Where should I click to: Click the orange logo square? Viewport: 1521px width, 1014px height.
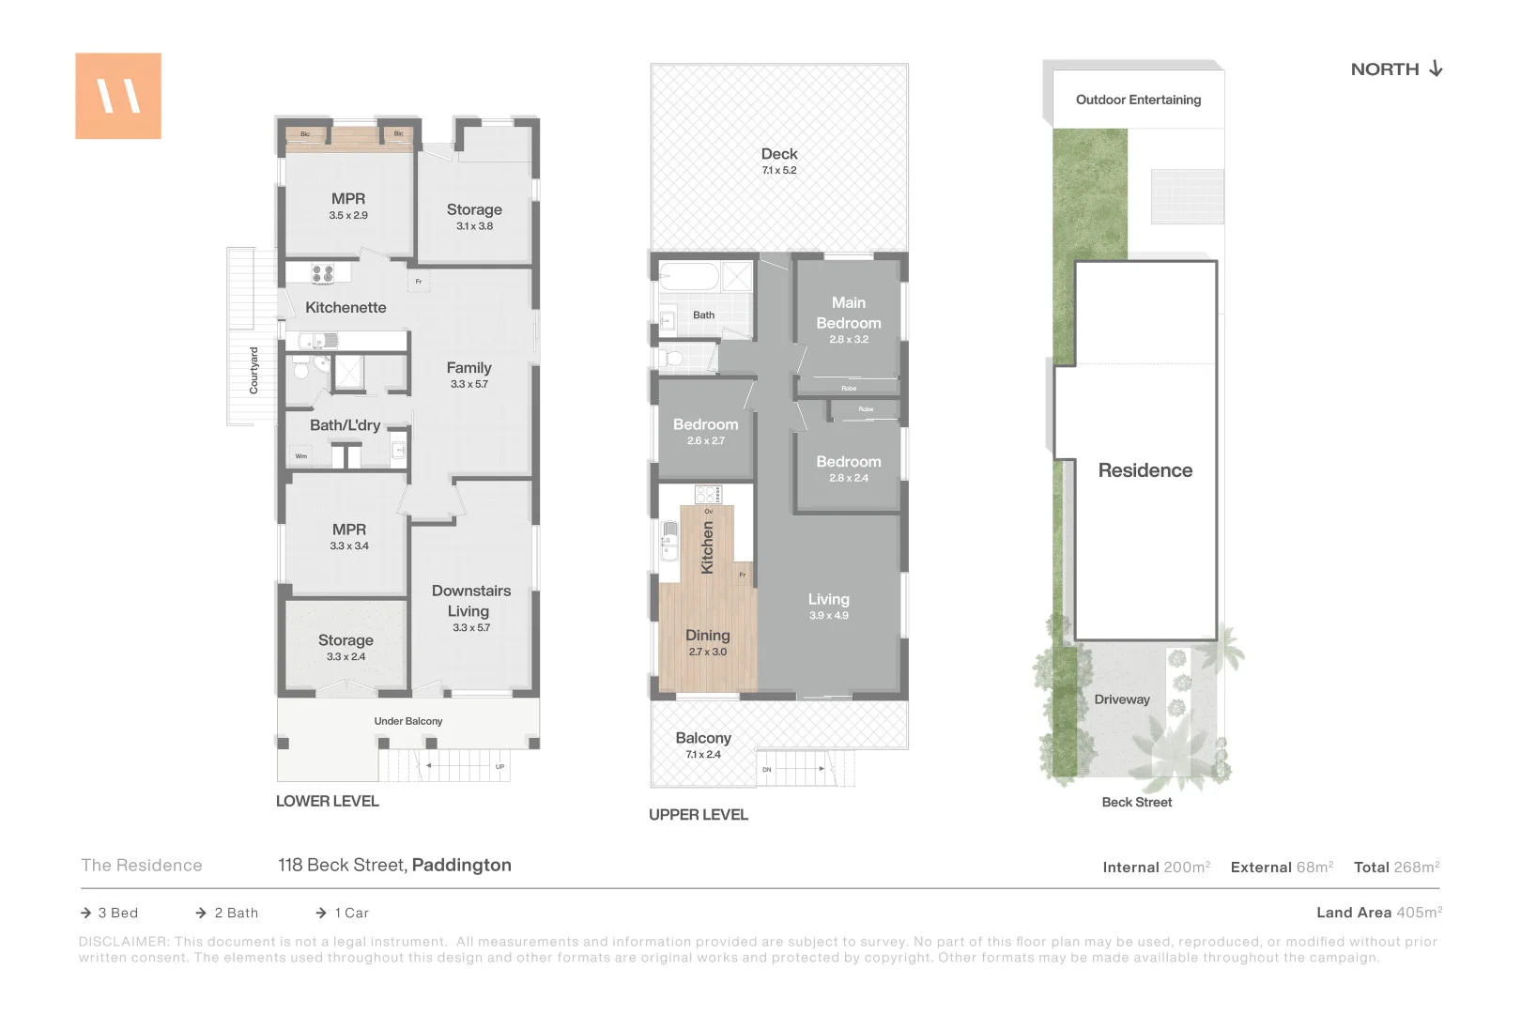click(118, 96)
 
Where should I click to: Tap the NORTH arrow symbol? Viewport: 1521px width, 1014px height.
click(1436, 69)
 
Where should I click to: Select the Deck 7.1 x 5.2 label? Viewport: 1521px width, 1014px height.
click(779, 160)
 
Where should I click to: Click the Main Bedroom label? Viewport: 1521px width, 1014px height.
click(849, 313)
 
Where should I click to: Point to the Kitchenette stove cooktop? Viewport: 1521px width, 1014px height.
click(322, 273)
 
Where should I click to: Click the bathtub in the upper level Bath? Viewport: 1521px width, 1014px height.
click(689, 277)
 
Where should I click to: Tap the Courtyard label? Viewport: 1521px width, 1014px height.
click(253, 370)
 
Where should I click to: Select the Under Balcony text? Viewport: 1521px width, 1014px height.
click(407, 721)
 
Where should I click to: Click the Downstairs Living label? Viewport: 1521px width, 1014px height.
click(471, 601)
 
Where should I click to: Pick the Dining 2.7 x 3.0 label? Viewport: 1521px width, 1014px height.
click(707, 642)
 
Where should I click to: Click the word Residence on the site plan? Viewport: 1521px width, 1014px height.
click(1145, 470)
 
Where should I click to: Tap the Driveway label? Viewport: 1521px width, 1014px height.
click(1121, 699)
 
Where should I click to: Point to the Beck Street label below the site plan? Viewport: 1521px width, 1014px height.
click(1136, 802)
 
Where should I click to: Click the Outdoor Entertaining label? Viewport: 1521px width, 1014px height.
click(1138, 100)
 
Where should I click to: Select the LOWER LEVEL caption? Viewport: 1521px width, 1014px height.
click(327, 801)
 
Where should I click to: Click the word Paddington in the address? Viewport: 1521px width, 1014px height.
click(461, 865)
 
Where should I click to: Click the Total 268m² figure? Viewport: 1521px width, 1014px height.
click(1396, 867)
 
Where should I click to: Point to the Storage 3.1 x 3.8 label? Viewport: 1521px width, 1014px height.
click(474, 216)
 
